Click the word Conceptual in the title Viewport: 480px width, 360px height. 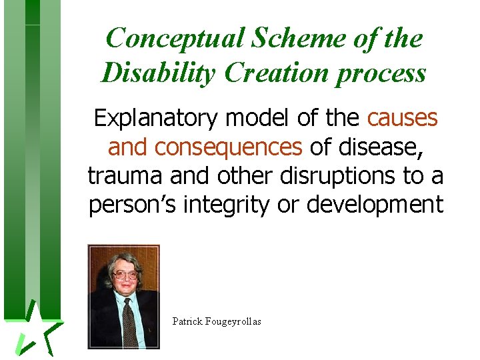[x=175, y=38]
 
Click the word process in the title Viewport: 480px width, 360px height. [x=381, y=73]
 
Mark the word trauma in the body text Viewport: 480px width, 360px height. [x=125, y=176]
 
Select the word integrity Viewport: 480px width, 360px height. [x=227, y=205]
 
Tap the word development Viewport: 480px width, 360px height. [x=375, y=205]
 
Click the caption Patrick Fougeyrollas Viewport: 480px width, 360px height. [x=217, y=321]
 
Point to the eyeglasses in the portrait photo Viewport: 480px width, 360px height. [x=125, y=274]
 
